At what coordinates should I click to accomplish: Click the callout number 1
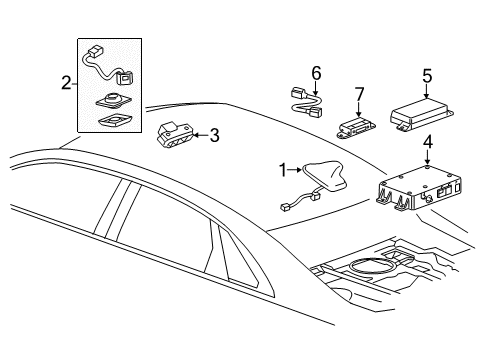[282, 170]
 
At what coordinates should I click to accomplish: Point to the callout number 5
[426, 74]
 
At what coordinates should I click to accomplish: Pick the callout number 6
[315, 72]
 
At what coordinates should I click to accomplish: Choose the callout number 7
[360, 94]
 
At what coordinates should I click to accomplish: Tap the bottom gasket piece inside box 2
[113, 121]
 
